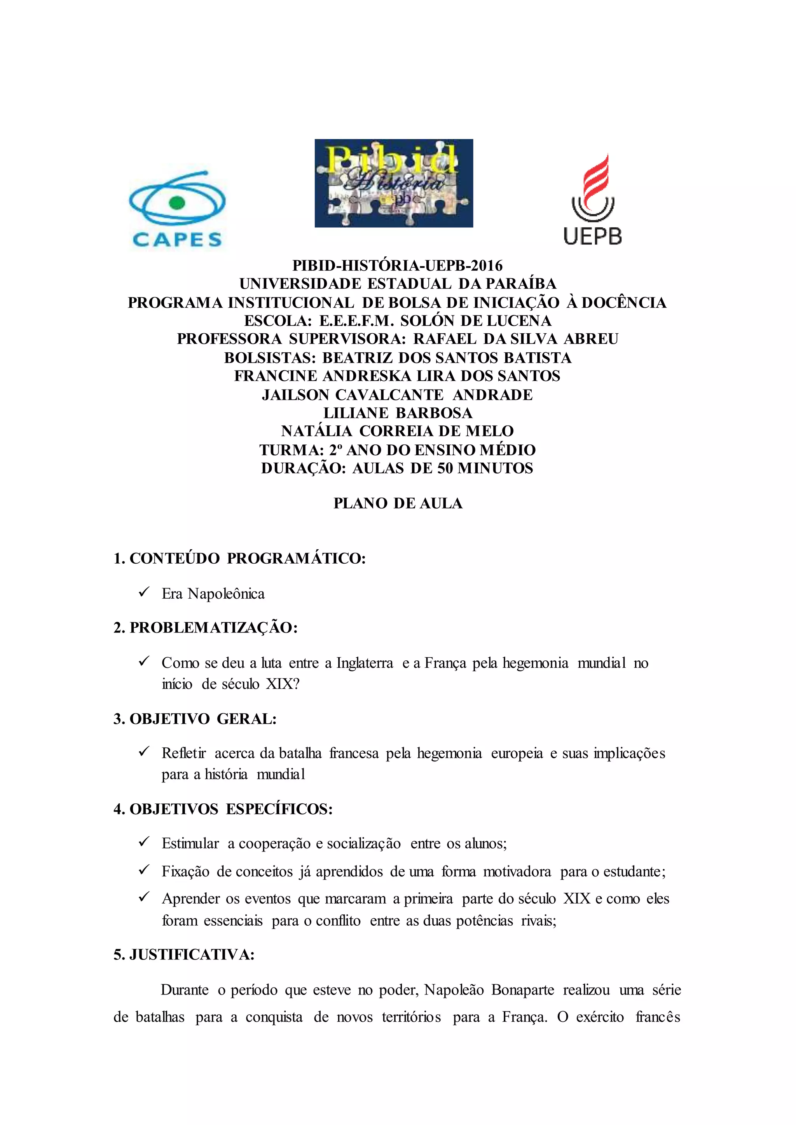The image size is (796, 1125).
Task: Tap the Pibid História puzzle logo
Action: point(394,183)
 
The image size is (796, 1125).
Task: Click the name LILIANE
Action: point(356,413)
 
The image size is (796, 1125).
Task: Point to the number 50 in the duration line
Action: point(445,468)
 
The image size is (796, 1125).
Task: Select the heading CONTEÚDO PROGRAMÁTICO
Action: point(248,559)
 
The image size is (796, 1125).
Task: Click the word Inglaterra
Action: point(364,664)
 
